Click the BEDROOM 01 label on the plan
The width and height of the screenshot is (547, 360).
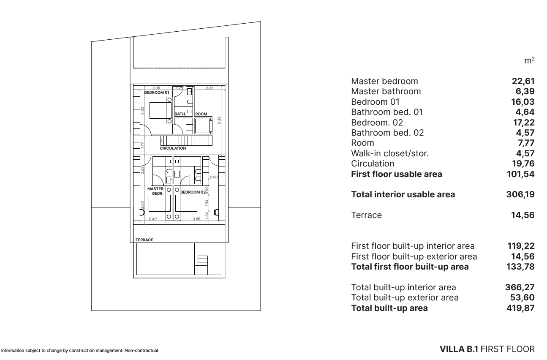point(157,92)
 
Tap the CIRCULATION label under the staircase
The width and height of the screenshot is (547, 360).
point(172,148)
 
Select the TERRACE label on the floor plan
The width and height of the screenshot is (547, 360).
point(144,240)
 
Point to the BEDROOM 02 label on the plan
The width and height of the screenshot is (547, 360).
point(193,192)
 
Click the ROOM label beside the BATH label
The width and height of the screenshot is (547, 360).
point(201,114)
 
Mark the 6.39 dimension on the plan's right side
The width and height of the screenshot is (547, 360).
point(219,120)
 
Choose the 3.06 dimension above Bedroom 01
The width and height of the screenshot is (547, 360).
point(156,88)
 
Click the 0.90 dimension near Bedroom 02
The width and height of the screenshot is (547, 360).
point(214,177)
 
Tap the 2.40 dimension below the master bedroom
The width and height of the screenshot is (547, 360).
point(153,219)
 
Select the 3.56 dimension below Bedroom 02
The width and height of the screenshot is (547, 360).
point(196,219)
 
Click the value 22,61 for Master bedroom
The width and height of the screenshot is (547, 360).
point(523,81)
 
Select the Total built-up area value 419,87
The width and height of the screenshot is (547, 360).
point(520,308)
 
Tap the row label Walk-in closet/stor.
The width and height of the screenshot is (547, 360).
point(390,153)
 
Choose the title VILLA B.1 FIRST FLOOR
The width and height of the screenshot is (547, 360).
point(487,350)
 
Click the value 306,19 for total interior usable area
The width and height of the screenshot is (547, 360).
point(520,195)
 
